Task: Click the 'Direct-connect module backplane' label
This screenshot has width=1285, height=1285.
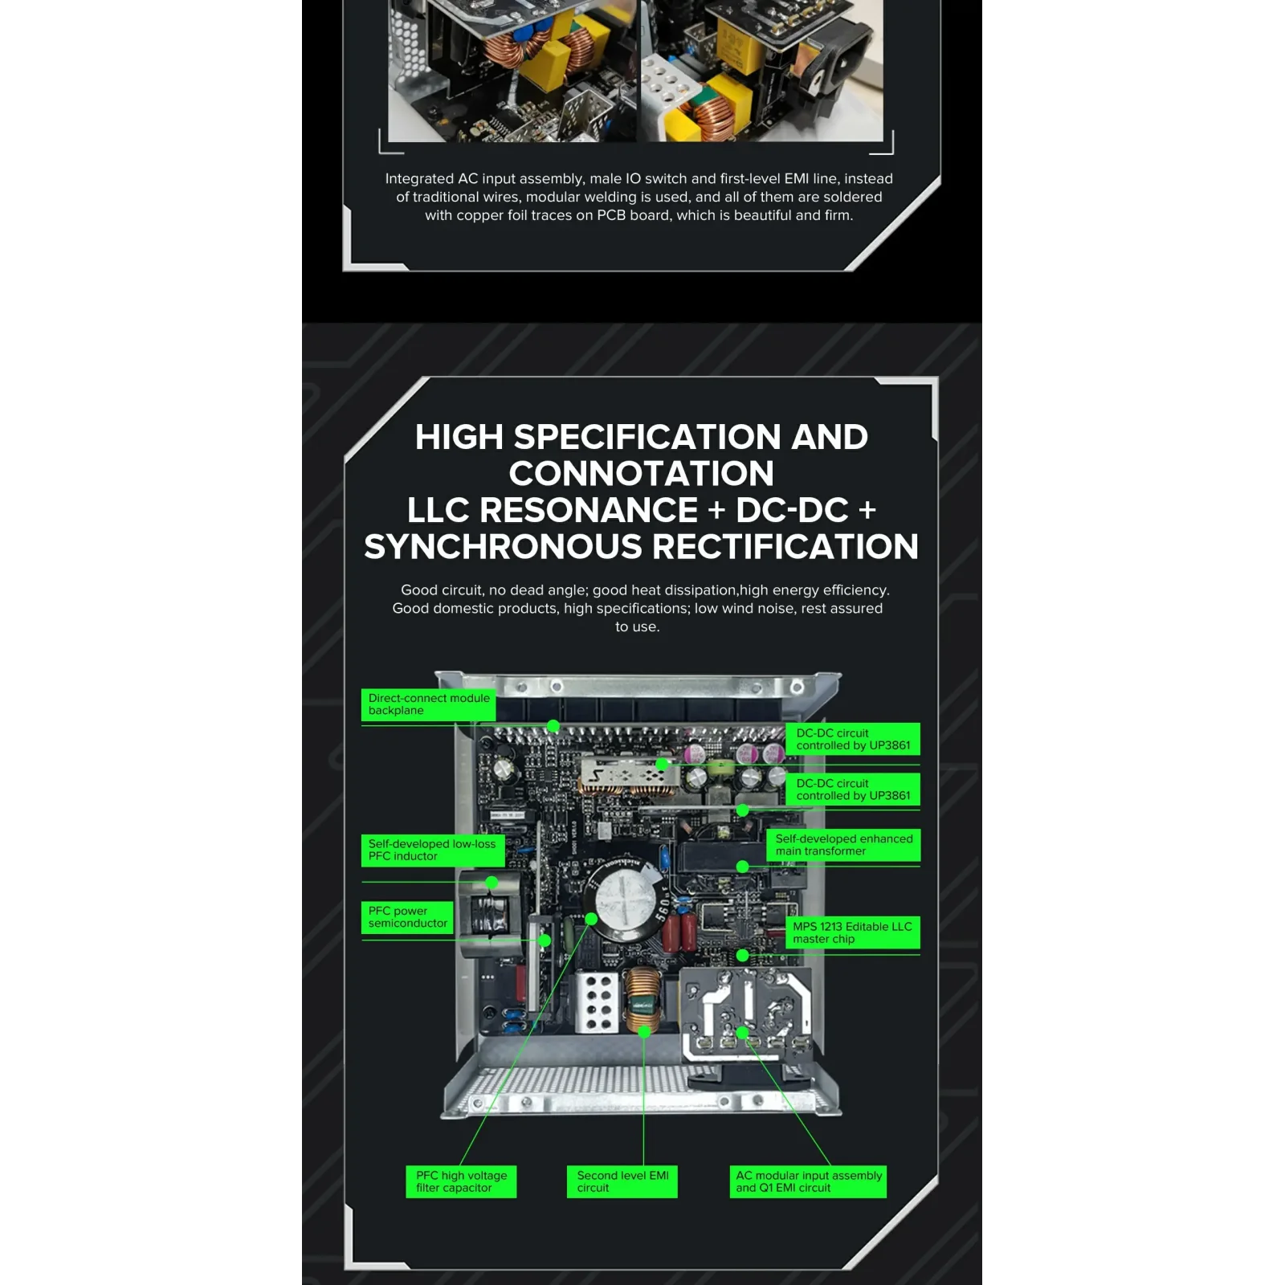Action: tap(428, 704)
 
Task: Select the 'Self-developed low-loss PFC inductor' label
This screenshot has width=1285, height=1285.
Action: tap(432, 850)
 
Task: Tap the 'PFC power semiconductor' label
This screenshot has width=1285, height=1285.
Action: tap(407, 917)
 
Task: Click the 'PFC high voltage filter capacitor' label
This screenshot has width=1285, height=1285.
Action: tap(461, 1181)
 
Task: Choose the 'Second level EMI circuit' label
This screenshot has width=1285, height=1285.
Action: tap(622, 1181)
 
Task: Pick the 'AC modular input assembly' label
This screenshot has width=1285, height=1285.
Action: tap(808, 1181)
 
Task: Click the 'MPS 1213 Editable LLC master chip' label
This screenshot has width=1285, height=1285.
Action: tap(852, 932)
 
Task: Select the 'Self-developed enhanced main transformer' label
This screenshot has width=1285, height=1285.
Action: tap(843, 845)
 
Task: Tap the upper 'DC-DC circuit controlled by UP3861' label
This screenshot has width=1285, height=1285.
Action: tap(852, 739)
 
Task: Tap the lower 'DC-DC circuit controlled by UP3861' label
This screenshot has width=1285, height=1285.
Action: tap(852, 789)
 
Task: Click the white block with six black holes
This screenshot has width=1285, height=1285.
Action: tap(597, 1001)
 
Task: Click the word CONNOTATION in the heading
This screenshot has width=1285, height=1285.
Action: tap(641, 473)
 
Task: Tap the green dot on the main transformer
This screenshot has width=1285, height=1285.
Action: tap(742, 867)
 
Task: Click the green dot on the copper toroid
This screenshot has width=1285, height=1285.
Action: tap(644, 1032)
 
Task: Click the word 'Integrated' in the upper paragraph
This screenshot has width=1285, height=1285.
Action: tap(419, 178)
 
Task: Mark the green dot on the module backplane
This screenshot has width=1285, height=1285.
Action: tap(553, 726)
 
